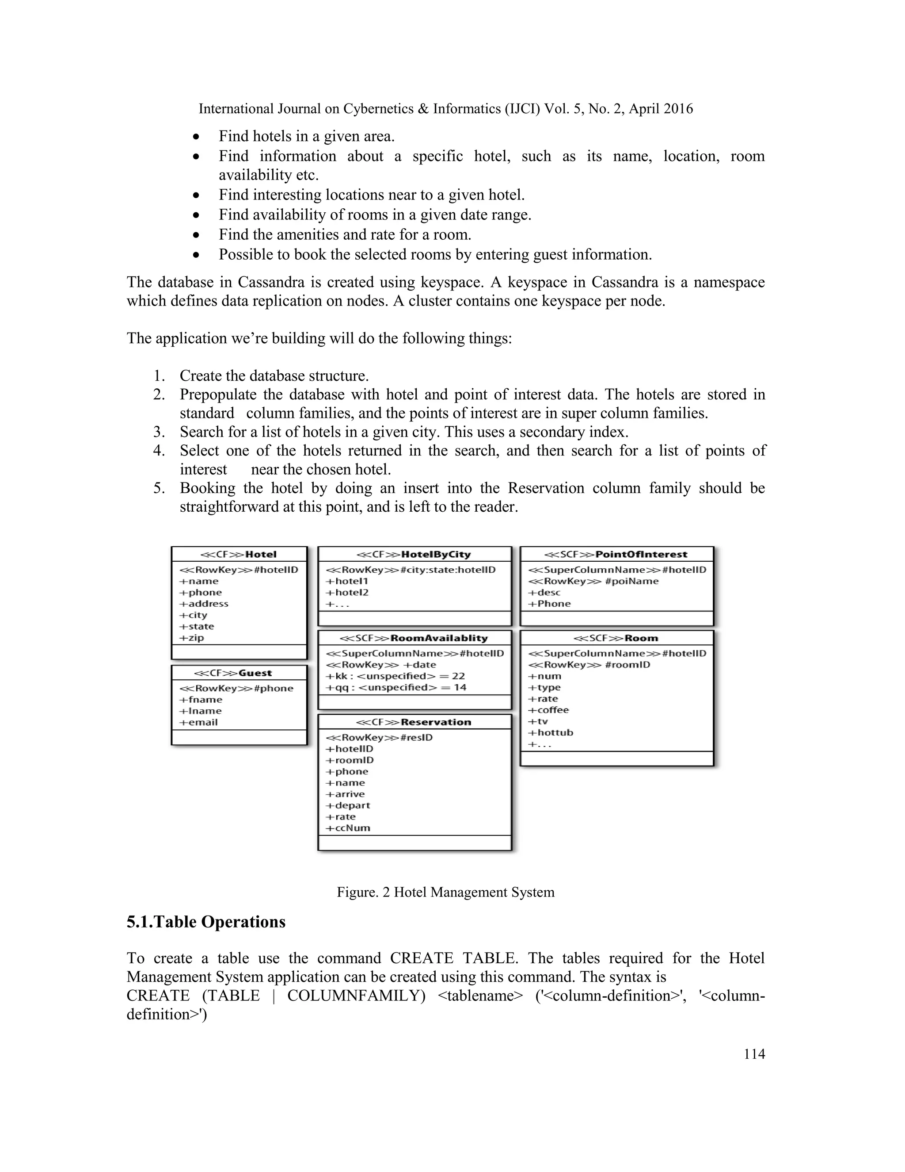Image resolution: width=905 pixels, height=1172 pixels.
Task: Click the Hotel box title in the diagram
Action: coord(239,554)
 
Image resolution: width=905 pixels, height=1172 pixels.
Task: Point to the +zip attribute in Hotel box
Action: coord(192,637)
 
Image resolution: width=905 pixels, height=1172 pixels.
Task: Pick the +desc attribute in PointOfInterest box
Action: coord(544,593)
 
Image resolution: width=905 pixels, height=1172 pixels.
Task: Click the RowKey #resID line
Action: coord(379,737)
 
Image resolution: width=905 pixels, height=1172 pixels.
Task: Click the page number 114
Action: coord(754,1054)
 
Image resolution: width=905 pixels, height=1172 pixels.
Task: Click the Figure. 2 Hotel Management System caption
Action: coord(445,892)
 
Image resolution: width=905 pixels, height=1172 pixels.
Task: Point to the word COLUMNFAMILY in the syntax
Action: coord(356,996)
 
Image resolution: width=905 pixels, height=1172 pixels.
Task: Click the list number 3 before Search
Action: coord(159,432)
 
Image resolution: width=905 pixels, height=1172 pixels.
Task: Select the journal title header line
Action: coord(445,109)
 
